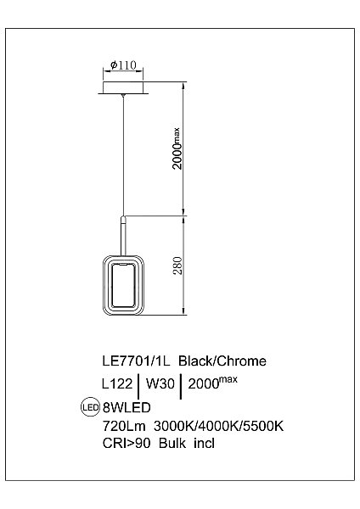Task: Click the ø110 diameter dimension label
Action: (124, 64)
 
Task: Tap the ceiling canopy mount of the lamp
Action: (124, 87)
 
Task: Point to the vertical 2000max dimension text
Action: (177, 148)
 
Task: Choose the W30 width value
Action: (160, 383)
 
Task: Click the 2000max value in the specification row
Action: (212, 383)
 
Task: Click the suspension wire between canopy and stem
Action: (124, 153)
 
